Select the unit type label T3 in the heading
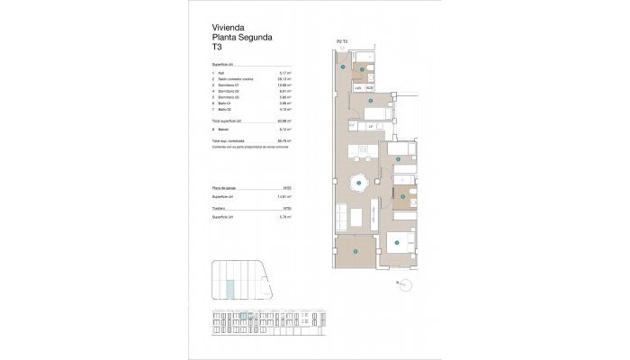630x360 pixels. pyautogui.click(x=216, y=49)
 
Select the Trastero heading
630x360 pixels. pyautogui.click(x=220, y=208)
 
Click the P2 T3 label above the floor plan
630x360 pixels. pyautogui.click(x=342, y=41)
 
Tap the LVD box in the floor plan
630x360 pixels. pyautogui.click(x=358, y=88)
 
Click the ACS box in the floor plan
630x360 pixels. pyautogui.click(x=369, y=88)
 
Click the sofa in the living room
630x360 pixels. pyautogui.click(x=342, y=217)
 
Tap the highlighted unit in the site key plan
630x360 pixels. pyautogui.click(x=231, y=287)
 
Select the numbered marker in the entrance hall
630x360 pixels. pyautogui.click(x=343, y=65)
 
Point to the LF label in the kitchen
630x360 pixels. pyautogui.click(x=371, y=126)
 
